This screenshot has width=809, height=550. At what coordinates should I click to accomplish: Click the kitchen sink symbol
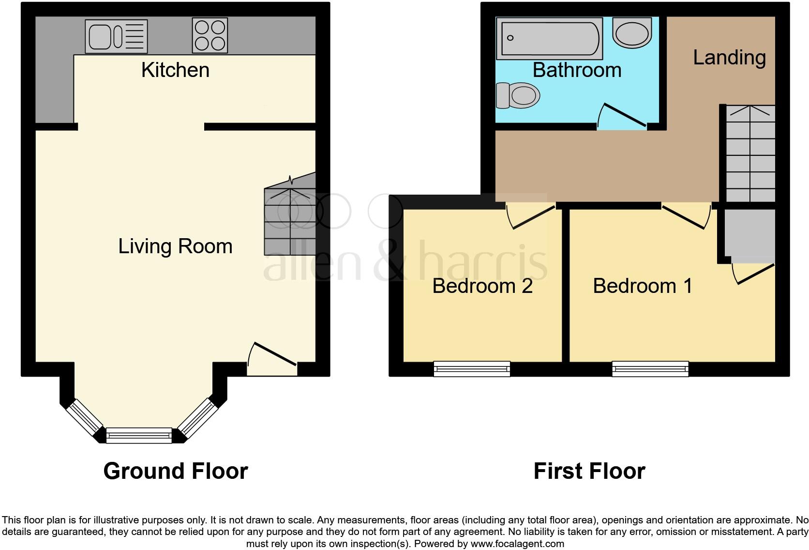[116, 36]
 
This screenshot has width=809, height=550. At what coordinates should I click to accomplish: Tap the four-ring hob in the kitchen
[210, 35]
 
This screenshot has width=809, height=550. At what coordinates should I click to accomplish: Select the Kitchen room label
[175, 70]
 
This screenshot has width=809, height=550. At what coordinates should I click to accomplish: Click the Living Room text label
[175, 246]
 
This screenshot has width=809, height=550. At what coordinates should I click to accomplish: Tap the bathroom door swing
[622, 116]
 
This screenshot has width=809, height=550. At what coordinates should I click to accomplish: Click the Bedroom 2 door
[530, 216]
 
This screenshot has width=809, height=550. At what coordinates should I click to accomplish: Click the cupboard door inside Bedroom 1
[752, 274]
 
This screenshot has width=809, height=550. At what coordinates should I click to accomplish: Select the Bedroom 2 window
[472, 369]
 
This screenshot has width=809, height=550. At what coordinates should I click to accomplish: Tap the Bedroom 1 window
[650, 369]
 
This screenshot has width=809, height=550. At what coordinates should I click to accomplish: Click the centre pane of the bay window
[139, 435]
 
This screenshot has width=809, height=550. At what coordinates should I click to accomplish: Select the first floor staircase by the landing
[749, 155]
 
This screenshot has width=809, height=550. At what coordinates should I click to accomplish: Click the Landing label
[729, 58]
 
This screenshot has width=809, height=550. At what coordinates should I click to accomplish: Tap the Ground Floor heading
[176, 471]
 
